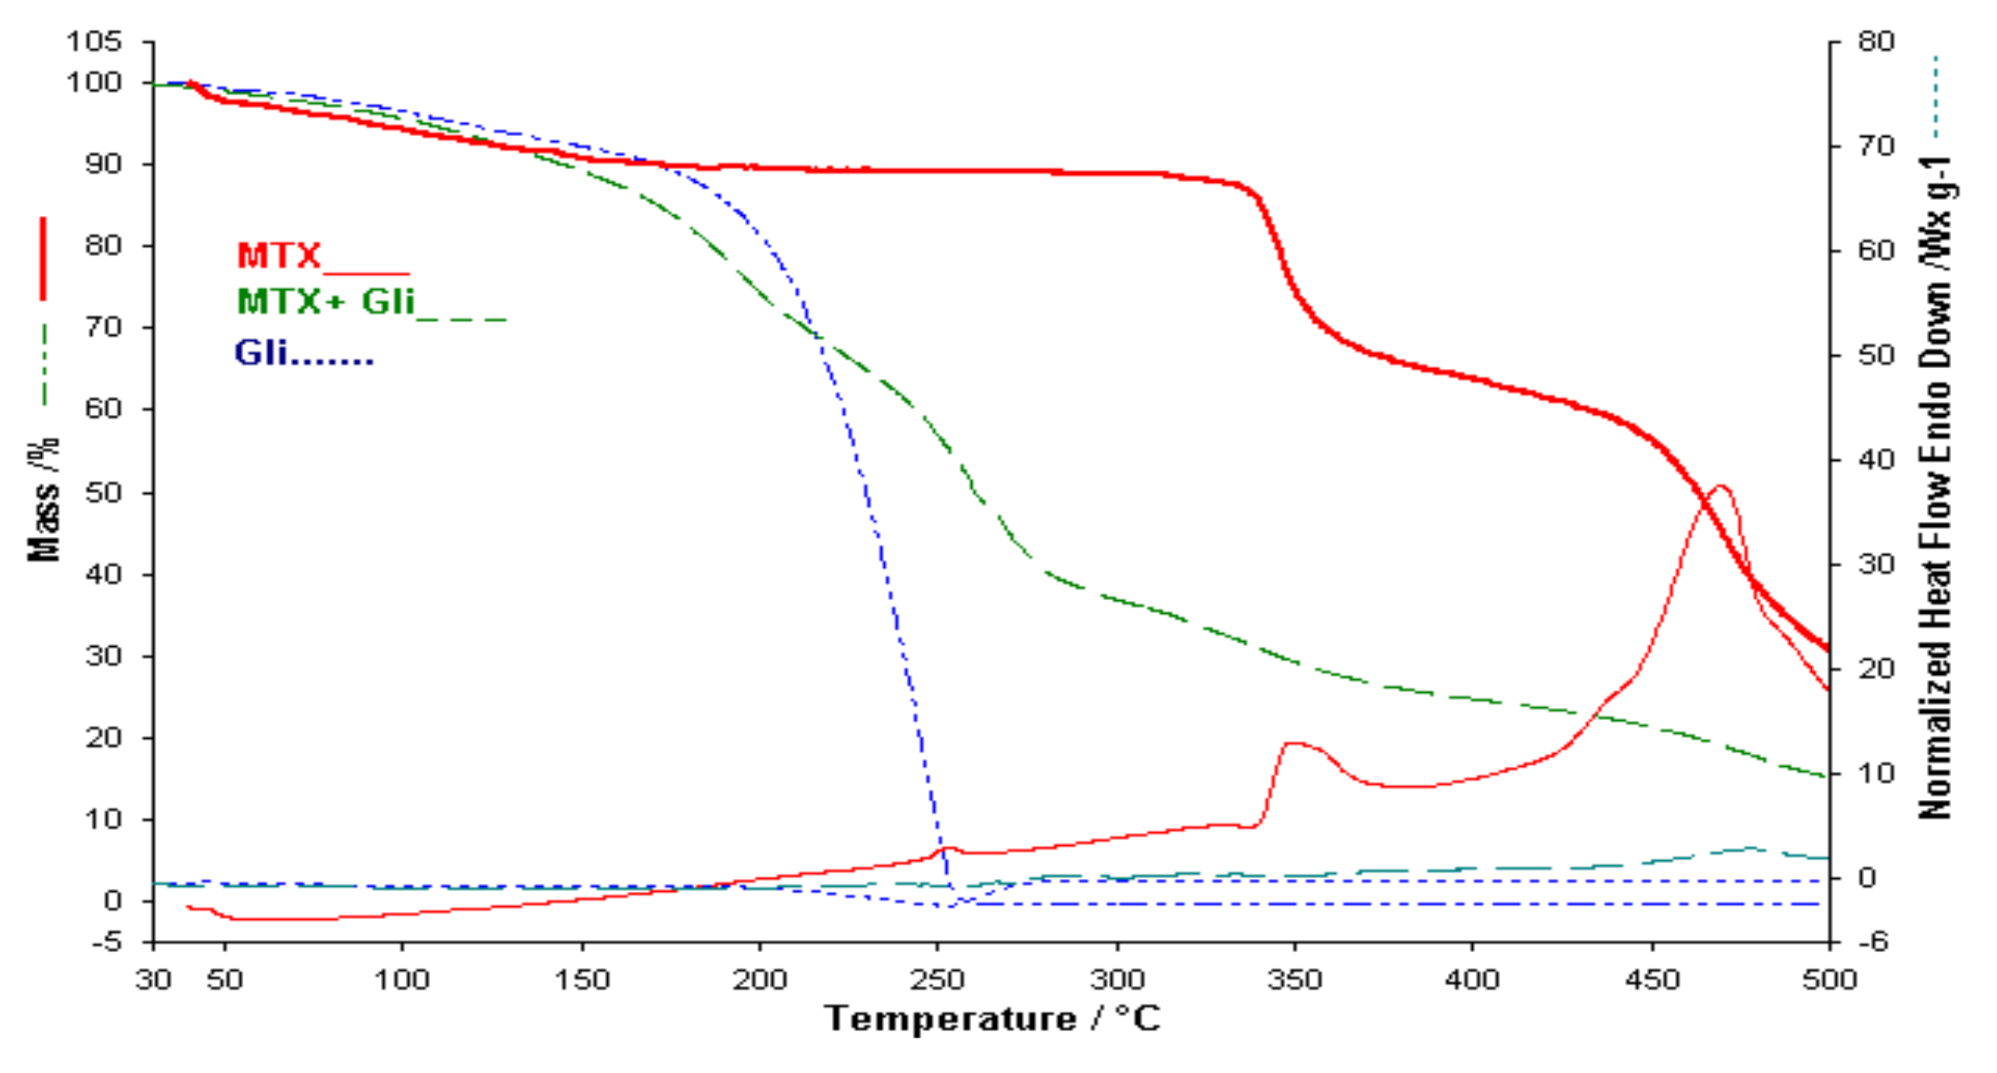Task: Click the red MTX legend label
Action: point(279,257)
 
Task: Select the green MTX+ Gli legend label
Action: point(326,303)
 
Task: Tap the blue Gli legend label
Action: point(262,353)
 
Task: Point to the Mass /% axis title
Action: point(43,499)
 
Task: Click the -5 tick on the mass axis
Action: point(106,942)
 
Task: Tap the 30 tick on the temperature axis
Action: point(153,980)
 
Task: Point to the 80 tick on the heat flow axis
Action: point(1876,41)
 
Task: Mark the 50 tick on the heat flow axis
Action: point(1876,355)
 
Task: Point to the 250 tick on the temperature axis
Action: point(937,980)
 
